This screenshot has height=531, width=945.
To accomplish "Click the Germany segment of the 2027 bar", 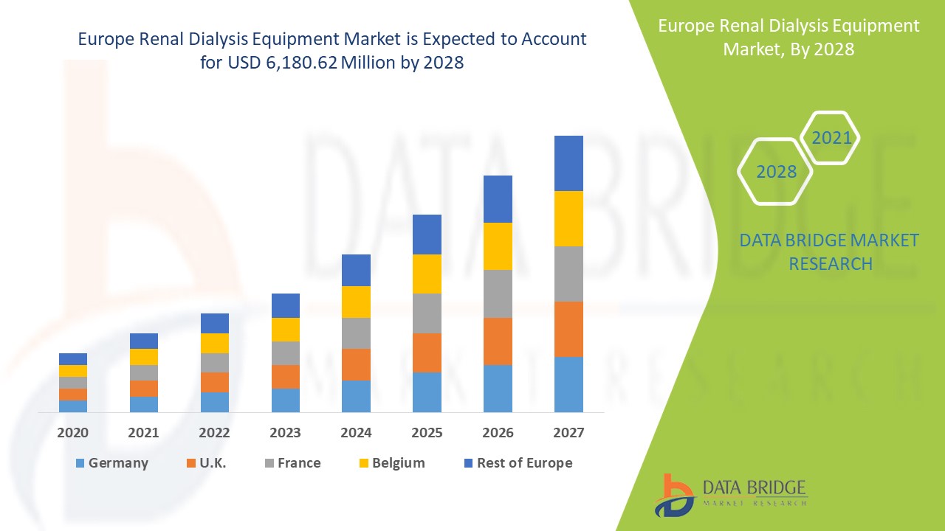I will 568,384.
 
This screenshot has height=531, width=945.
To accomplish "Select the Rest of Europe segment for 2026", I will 498,199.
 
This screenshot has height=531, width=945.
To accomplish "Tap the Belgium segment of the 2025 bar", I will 427,274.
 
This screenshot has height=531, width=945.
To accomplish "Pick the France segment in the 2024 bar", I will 356,333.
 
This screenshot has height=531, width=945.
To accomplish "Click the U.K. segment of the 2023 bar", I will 286,376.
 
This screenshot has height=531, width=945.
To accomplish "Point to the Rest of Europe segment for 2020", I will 73,359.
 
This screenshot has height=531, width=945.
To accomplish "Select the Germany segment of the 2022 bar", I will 215,402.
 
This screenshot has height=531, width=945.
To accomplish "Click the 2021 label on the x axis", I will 144,433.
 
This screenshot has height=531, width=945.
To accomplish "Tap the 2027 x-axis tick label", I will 568,433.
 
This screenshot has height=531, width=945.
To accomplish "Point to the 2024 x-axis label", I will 356,433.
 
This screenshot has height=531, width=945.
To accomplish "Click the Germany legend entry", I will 111,463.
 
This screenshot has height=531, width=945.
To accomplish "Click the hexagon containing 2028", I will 775,172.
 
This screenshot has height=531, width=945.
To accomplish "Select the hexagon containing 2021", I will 831,138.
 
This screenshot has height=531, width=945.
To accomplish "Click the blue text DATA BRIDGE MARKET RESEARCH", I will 830,252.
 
